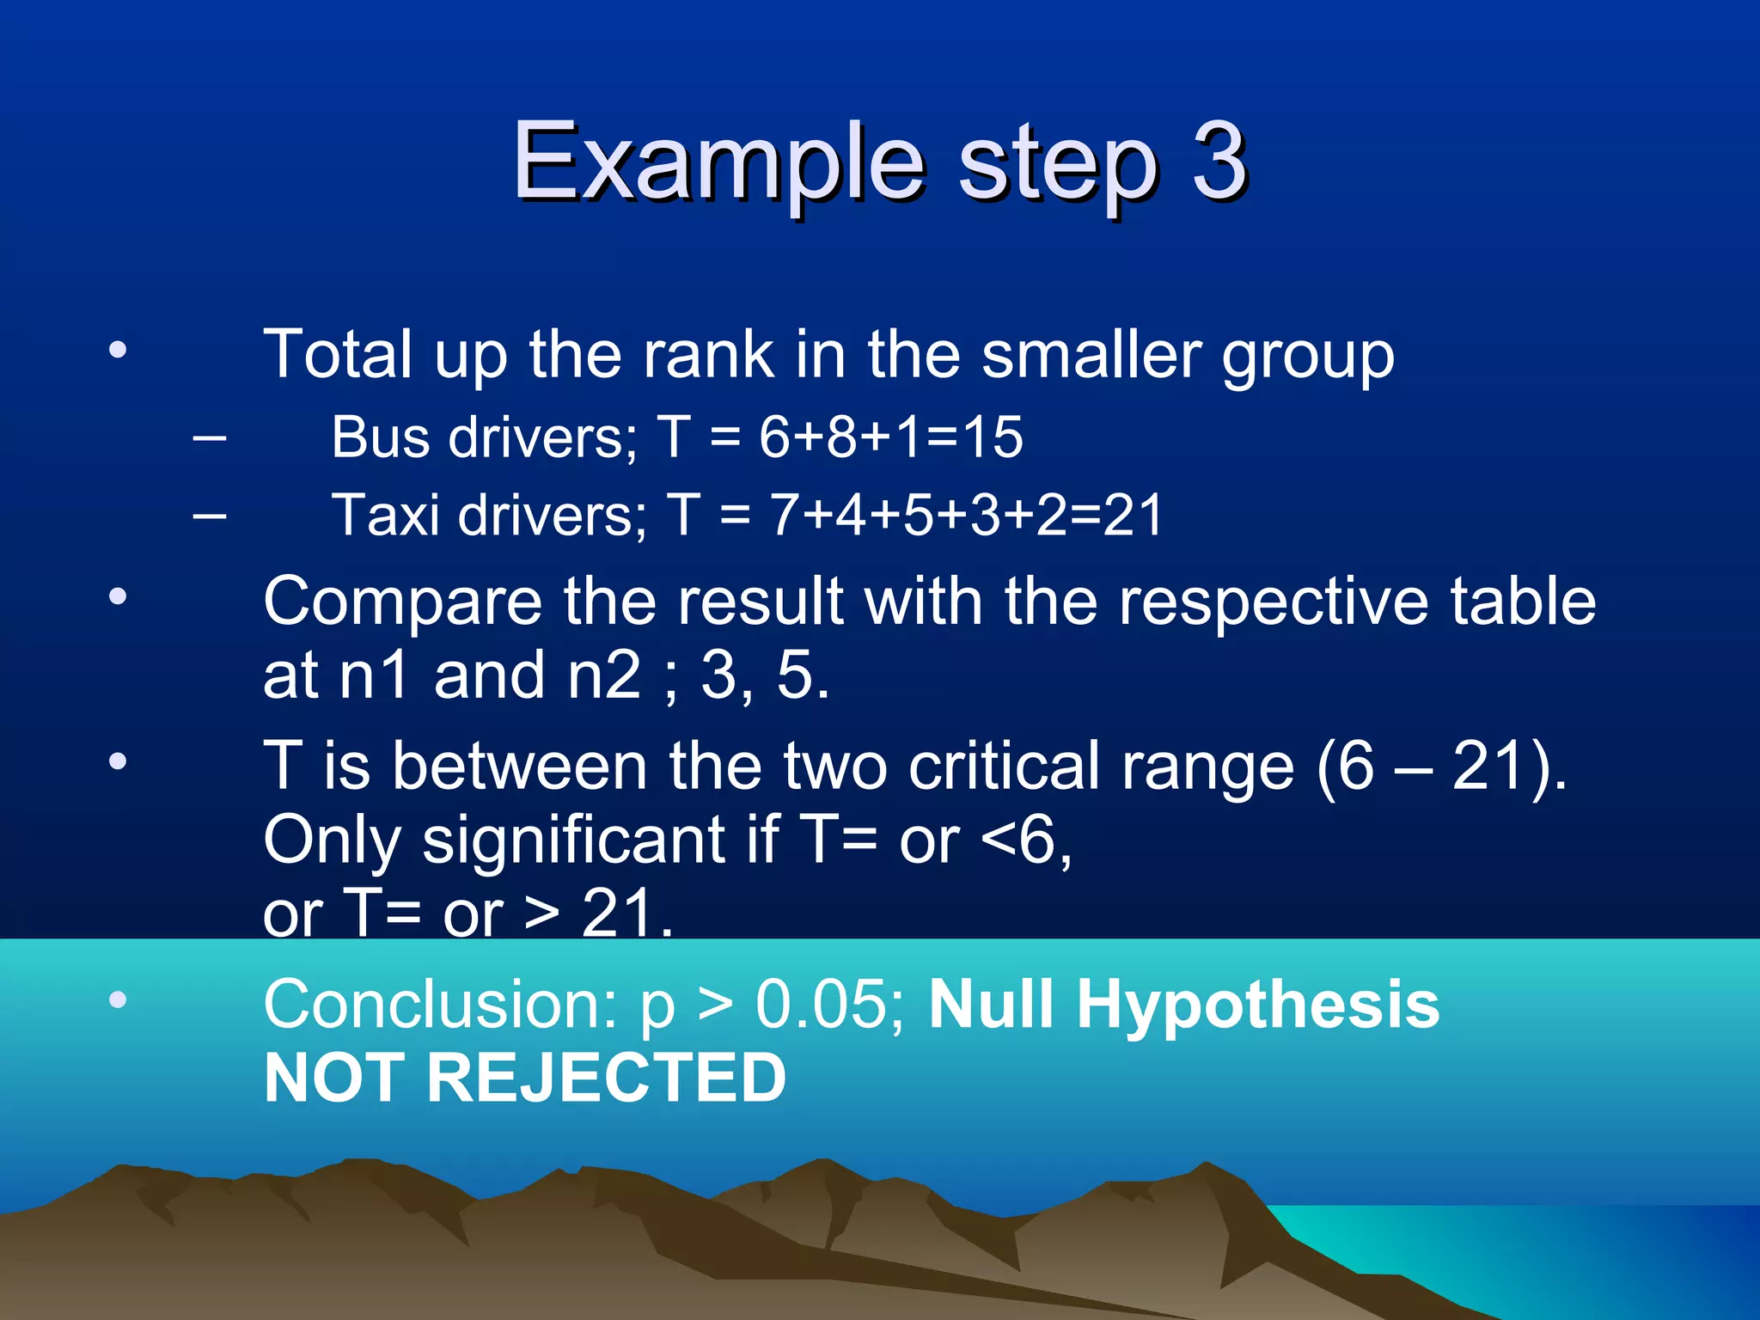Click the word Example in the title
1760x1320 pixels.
[718, 163]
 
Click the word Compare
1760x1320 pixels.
[402, 602]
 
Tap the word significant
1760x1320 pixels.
[573, 840]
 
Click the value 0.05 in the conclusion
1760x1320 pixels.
[823, 1004]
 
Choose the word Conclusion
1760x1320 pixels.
[439, 1004]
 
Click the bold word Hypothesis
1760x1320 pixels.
[1257, 1004]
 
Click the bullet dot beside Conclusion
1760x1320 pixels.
[118, 999]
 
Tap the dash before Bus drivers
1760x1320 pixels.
[210, 438]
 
